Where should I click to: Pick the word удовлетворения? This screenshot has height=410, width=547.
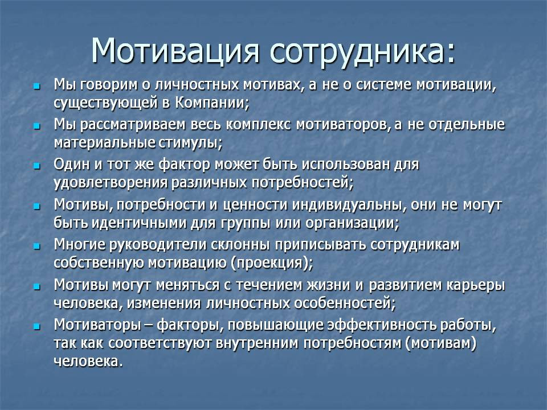[x=111, y=183]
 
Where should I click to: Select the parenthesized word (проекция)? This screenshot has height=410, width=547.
[x=271, y=263]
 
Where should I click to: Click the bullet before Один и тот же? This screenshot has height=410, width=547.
[x=36, y=166]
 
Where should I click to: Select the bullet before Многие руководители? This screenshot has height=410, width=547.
[x=36, y=247]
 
